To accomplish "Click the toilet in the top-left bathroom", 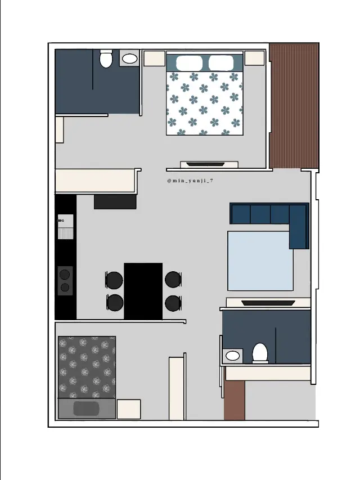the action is pos(106,59).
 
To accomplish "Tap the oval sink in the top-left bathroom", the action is pos(129,59).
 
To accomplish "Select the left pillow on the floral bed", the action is pos(189,63).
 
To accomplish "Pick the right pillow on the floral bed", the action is pos(221,63).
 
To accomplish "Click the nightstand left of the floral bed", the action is pos(154,58).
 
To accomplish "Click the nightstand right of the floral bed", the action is pos(254,58).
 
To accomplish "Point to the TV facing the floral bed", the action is pos(205,164).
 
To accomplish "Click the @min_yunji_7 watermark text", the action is pos(191,181).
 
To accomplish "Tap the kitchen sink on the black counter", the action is pos(65,227).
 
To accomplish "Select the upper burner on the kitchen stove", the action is pos(65,274).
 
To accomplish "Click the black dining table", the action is pos(143,291).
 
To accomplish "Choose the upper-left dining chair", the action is pos(114,280).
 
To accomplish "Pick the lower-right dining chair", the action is pos(173,303).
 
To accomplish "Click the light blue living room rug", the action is pos(260,261).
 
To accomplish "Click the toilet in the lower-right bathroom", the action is pos(260,353).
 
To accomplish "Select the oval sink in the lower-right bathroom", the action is pos(233,356).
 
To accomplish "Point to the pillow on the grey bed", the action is pos(86,409).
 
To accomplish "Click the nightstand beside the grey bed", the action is pos(129,409).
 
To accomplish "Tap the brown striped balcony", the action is pos(294,106).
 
